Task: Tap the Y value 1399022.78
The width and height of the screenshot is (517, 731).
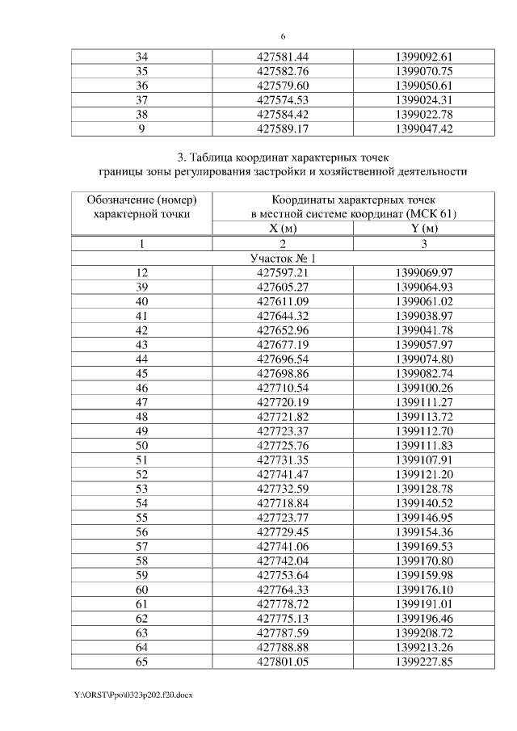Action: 425,114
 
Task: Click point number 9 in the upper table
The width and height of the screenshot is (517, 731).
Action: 142,128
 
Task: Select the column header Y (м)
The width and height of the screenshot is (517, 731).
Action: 425,229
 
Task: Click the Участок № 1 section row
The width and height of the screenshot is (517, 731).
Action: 283,258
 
